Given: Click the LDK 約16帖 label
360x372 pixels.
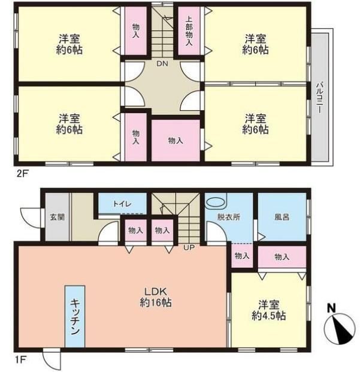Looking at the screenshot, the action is tap(156, 297).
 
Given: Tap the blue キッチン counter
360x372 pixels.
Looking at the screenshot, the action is tap(75, 316).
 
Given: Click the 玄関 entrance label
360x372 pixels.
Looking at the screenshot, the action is tap(58, 217).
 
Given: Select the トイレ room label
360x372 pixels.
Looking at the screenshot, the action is tap(122, 204).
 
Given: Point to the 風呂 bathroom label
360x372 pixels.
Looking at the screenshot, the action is tap(282, 217).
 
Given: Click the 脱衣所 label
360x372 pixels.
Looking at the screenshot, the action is tap(229, 217).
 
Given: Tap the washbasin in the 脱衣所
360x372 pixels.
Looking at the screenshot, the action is tap(216, 203).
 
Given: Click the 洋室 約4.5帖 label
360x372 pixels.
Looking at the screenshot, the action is tap(268, 310).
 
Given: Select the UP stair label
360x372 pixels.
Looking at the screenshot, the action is tap(189, 247).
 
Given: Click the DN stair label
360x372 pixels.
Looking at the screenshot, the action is tap(162, 63).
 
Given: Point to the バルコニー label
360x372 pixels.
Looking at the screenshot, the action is tap(319, 97).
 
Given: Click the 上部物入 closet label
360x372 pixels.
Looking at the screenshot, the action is tap(189, 31).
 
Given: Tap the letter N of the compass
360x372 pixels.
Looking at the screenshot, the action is tap(331, 309).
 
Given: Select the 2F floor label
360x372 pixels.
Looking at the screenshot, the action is tap(22, 174).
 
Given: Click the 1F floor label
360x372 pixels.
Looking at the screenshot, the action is tap(21, 360).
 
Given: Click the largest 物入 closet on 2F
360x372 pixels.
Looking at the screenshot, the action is tap(176, 140).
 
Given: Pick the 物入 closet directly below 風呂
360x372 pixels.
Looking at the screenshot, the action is tap(282, 257).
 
